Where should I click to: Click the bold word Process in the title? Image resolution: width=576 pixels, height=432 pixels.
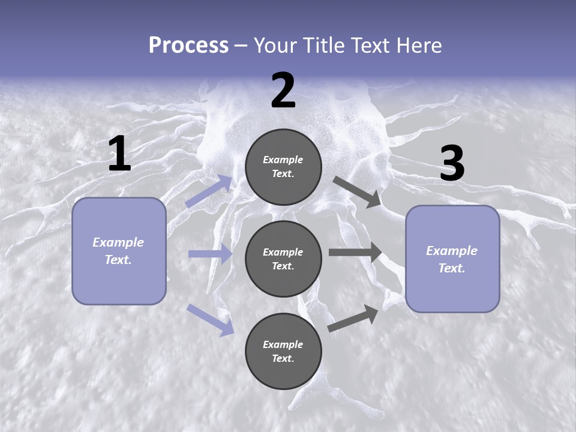coord(188,45)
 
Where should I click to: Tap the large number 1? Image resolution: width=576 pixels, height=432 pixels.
coord(119,154)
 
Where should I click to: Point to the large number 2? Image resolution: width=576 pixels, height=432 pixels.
coord(283,91)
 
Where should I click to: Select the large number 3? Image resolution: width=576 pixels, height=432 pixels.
coord(452,164)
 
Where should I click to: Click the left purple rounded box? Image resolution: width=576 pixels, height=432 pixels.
coord(119,251)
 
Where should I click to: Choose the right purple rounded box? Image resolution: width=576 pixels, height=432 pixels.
coord(452,259)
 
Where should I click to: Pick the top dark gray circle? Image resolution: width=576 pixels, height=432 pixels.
coord(283,167)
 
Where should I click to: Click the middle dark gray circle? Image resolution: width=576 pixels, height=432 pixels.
coord(283,259)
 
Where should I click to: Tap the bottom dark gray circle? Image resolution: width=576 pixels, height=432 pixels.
coord(283,351)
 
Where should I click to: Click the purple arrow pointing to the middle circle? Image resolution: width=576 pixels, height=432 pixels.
coord(210,254)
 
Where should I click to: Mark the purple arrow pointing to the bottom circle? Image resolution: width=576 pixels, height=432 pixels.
coord(210,319)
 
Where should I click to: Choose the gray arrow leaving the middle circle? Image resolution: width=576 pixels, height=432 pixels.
coord(355,253)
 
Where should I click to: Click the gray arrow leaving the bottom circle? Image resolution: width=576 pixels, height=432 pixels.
coord(353,318)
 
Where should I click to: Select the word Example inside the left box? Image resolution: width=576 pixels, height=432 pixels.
coord(118,242)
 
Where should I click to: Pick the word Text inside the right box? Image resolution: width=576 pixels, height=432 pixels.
coord(451,268)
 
